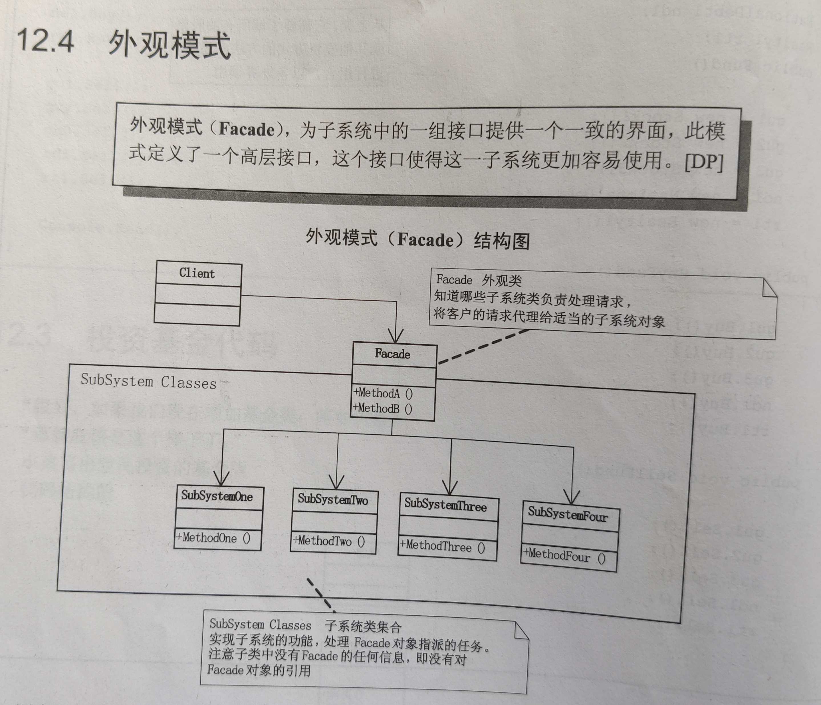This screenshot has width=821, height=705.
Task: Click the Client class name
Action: coord(197,273)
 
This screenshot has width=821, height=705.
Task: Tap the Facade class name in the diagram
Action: coord(393,354)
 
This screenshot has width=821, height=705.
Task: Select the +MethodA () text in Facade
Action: coord(383,394)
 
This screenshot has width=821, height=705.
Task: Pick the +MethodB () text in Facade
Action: coord(383,408)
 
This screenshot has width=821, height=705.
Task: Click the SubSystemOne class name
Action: coord(217,496)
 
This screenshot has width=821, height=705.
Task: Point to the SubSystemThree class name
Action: coord(445,505)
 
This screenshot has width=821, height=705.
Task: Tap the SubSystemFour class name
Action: coord(568,514)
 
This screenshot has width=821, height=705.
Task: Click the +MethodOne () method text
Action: coord(213,538)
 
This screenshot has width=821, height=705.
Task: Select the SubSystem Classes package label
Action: coord(149,382)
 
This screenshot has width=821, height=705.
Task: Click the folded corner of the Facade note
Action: coord(769,288)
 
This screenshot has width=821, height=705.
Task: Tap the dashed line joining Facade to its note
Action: coord(483,347)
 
